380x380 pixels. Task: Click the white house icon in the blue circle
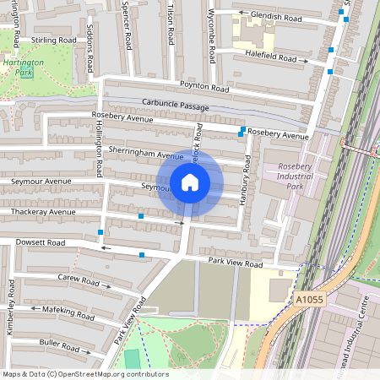[x=189, y=182]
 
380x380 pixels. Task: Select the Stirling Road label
[x=53, y=40]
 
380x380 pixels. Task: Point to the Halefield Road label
[x=270, y=58]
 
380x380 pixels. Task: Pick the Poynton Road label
[x=204, y=86]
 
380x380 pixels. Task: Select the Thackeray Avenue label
[x=37, y=212]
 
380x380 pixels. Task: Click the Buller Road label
[x=58, y=344]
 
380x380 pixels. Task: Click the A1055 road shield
[x=310, y=299]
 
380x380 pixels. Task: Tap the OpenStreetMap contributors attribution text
[x=85, y=374]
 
